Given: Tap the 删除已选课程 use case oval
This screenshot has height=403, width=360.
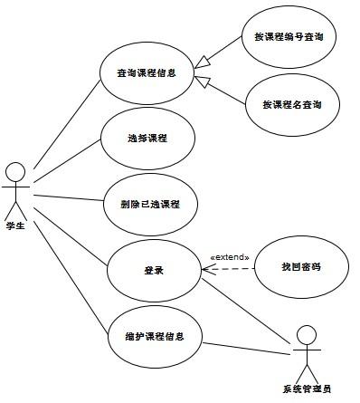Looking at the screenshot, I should click(155, 203).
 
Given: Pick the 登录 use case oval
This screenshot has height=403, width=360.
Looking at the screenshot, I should click(153, 269).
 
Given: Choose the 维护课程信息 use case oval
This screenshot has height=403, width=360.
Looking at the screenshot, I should click(154, 336).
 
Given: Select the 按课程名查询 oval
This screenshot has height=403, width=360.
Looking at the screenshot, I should click(294, 104).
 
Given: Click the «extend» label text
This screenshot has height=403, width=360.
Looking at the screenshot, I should click(229, 257).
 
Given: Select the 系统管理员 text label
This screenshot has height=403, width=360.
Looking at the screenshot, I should click(308, 389).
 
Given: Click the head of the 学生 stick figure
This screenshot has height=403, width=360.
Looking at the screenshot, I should click(14, 170).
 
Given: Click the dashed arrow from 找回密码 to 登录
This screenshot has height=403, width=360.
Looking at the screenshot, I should click(226, 268).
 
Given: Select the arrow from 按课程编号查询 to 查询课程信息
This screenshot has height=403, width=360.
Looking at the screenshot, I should click(222, 56).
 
